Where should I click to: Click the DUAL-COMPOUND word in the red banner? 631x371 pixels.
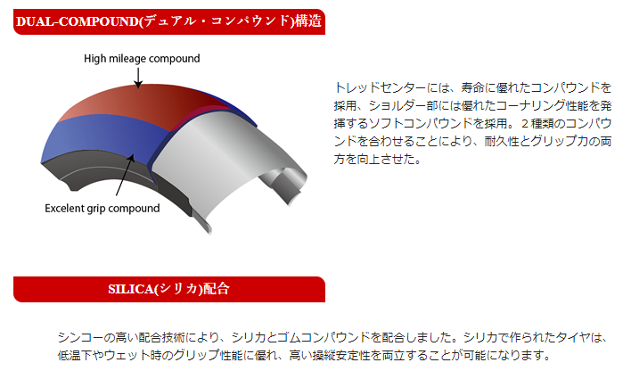78,21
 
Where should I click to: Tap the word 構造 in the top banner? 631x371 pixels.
308,21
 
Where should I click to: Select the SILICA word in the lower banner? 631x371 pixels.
131,289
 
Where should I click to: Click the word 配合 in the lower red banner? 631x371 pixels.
216,289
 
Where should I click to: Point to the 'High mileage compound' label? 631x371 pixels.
142,59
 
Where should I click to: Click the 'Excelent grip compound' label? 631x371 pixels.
102,209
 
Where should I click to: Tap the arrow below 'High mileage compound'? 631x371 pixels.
138,78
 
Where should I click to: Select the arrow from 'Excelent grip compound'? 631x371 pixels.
125,175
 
